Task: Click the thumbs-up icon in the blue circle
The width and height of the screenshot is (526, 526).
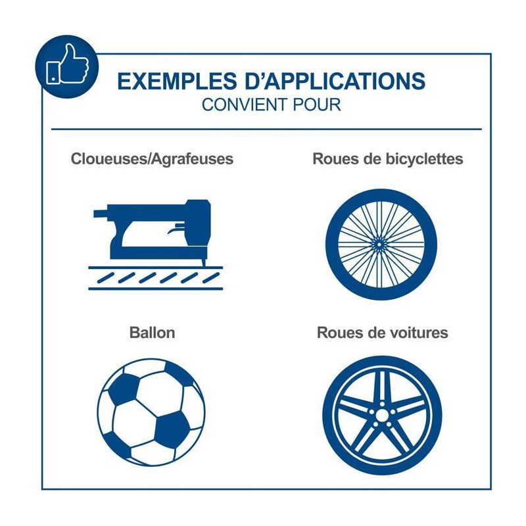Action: tap(68, 64)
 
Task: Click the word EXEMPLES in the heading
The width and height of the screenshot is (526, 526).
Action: tap(177, 81)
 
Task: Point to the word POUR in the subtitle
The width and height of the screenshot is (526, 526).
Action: tap(317, 105)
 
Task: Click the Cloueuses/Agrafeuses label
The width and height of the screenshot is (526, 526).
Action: tap(152, 158)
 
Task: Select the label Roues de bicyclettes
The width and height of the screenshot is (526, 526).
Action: tap(387, 158)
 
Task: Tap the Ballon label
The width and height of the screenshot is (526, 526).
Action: tap(152, 333)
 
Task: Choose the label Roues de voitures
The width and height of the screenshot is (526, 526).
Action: tap(383, 333)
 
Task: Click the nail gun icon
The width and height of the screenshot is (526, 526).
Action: tap(155, 244)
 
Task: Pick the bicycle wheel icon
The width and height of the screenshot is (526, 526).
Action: tap(381, 244)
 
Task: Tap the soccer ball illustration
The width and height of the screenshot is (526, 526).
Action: tap(151, 412)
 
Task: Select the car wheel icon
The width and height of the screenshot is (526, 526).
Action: tap(382, 416)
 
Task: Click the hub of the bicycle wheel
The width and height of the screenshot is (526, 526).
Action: tap(379, 245)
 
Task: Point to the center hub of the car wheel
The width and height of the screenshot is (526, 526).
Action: tap(382, 416)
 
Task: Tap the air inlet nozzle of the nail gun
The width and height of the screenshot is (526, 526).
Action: tap(101, 214)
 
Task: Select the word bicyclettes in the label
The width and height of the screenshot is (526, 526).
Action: tap(424, 158)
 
